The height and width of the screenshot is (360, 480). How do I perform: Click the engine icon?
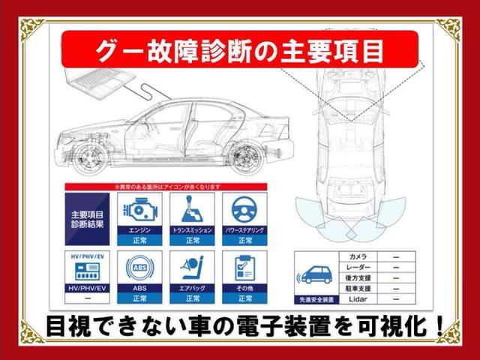[x=139, y=209]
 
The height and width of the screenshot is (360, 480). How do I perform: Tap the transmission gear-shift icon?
[x=192, y=209]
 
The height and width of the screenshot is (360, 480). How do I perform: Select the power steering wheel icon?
[x=245, y=209]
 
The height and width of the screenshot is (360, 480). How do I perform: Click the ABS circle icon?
[x=139, y=266]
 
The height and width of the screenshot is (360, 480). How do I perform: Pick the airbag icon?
[x=192, y=266]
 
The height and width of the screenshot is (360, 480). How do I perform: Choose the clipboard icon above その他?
[x=245, y=266]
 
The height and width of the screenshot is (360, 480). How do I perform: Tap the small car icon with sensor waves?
[x=316, y=274]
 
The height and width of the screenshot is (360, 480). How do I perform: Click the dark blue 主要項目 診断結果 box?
[x=87, y=219]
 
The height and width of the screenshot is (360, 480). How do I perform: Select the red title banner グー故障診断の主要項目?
[x=240, y=49]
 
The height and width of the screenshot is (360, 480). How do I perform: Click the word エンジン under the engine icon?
[x=139, y=230]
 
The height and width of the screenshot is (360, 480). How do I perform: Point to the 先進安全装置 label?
[x=316, y=298]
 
